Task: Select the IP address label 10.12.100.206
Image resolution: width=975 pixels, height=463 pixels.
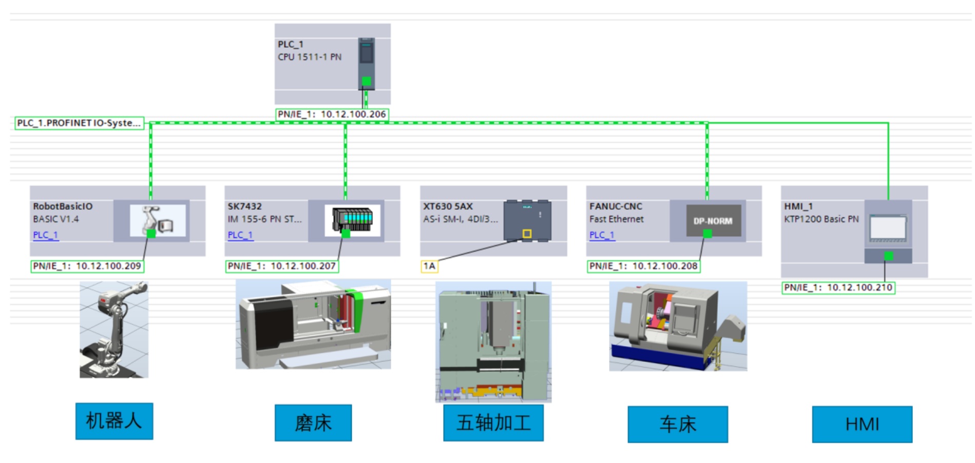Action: point(332,114)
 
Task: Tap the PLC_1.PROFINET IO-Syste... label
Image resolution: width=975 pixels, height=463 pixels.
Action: point(79,123)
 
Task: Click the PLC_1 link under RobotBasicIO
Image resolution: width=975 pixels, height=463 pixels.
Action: point(46,235)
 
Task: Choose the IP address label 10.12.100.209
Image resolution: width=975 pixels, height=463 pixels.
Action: point(87,266)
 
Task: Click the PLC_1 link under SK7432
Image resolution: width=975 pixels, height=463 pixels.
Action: point(240,235)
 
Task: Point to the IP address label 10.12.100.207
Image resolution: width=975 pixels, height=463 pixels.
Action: point(281,266)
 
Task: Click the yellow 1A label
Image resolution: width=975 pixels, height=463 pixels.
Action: point(429,266)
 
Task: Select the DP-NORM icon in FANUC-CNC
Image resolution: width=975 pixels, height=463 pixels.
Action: point(713,221)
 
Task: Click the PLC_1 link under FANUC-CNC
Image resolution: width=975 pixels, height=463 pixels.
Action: point(602,235)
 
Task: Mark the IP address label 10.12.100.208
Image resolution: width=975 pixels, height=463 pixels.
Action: point(643,266)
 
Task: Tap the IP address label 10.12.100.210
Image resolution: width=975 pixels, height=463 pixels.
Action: point(838,288)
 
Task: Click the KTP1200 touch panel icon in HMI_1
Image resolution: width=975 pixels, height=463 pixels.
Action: point(888,229)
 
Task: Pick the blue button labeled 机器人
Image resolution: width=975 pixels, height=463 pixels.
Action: point(114,421)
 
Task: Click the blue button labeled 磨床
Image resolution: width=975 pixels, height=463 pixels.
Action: point(313,423)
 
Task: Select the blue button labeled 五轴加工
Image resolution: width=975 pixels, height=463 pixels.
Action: point(493,423)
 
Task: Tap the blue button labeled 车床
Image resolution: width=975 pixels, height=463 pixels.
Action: point(678,425)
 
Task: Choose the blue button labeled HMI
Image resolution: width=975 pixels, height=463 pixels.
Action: point(862,425)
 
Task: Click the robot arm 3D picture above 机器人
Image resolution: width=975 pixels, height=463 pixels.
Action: point(114,330)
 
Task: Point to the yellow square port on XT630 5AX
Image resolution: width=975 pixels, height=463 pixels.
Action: point(527,234)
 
